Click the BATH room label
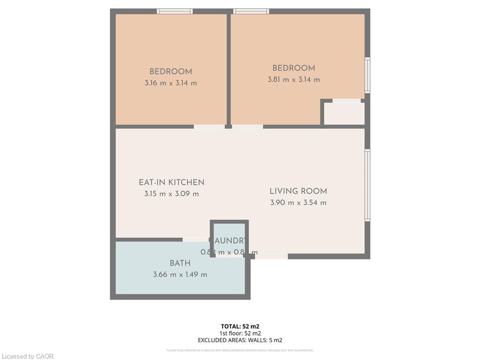pos(180,263)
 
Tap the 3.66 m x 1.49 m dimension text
pos(180,275)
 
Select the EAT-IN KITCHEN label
pos(172,182)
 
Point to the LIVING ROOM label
pos(298,191)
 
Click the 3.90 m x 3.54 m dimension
pos(298,203)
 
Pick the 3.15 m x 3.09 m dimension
pos(172,194)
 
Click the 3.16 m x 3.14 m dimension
pos(171,83)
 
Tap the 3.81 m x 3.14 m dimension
pos(294,80)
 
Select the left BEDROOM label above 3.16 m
pos(171,72)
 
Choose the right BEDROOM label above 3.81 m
pos(294,68)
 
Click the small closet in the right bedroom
pos(345,113)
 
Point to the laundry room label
pos(230,241)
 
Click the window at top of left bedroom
pos(175,11)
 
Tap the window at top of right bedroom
pos(251,11)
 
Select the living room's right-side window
pos(367,185)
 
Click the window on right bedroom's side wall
pos(367,75)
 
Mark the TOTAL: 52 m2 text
pos(240,326)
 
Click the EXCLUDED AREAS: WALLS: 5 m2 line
pos(240,340)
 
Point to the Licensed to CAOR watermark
pos(28,356)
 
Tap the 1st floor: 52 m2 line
pos(240,333)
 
